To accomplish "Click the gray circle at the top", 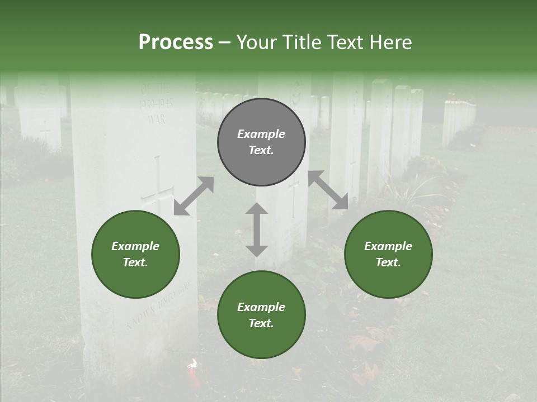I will click(261, 142).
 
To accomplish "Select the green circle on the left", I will click(135, 255).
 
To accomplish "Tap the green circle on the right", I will click(388, 255).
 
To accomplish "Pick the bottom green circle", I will click(261, 315).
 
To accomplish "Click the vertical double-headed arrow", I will click(257, 229).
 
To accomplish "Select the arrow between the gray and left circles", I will click(194, 196).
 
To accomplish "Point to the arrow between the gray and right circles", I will click(328, 190).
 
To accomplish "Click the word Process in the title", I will click(176, 42).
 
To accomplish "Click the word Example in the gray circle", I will click(261, 134).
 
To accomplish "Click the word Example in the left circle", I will click(135, 246).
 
